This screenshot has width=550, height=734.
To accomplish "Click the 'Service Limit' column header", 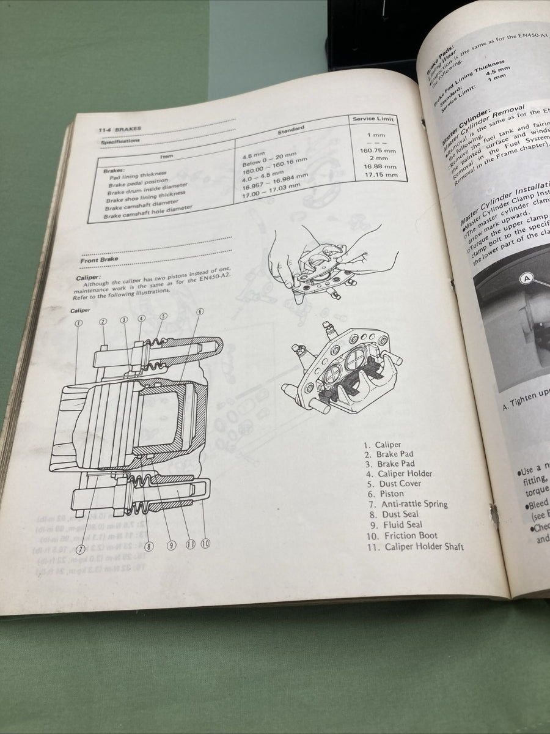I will point(373,119).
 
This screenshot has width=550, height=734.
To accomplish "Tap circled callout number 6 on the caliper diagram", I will point(200,311).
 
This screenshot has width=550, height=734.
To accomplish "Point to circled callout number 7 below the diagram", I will point(81,549).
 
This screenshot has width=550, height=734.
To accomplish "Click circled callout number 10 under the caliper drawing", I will point(205,543).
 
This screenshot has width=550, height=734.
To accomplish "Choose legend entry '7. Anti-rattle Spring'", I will point(408,504).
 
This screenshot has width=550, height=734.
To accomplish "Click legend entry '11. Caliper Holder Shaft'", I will point(415,546).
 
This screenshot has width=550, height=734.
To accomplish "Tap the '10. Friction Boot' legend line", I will point(402,535).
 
